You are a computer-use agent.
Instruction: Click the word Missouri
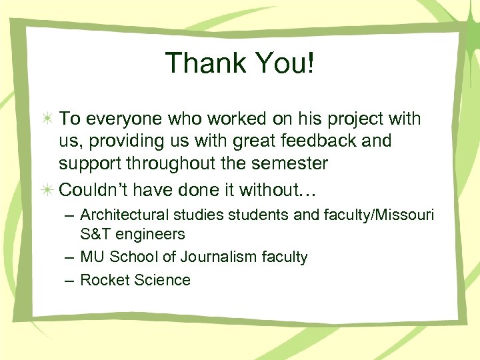tap(404, 215)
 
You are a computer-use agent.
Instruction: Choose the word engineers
tap(153, 235)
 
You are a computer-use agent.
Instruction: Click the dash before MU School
tap(69, 257)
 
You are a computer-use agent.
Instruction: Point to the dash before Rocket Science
tap(69, 280)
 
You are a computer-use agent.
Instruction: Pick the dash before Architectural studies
tap(69, 216)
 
